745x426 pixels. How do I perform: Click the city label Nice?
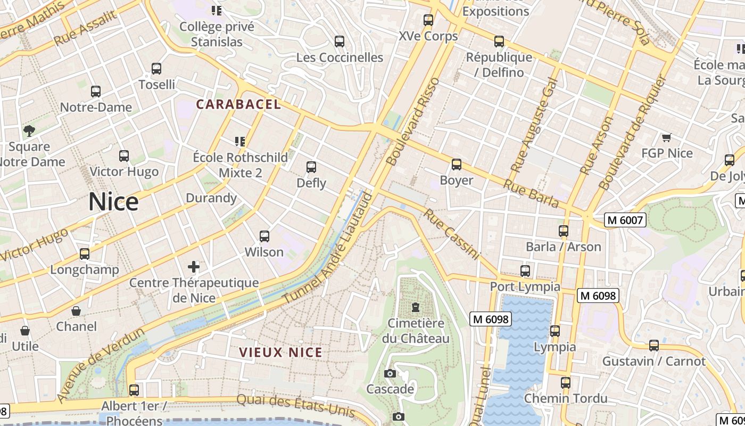click(113, 202)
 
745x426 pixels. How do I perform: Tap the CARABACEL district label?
click(238, 104)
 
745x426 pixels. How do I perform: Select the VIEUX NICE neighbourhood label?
click(280, 353)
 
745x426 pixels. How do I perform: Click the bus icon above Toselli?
click(156, 69)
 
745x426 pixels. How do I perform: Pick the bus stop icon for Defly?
click(311, 167)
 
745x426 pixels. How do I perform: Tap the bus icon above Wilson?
click(264, 236)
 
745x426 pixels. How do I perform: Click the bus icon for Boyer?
click(456, 165)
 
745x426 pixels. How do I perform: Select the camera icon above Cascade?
click(390, 373)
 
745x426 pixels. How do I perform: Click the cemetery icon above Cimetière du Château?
click(415, 307)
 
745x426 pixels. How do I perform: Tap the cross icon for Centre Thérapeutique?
click(194, 266)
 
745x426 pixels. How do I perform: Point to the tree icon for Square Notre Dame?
click(29, 130)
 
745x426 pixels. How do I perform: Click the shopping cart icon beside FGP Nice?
click(666, 137)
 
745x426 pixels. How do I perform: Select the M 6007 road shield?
click(625, 219)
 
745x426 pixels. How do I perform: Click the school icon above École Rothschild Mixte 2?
click(240, 141)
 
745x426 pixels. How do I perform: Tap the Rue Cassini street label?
click(452, 234)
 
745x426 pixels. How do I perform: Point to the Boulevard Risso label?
click(413, 121)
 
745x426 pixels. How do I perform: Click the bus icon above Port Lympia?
click(525, 271)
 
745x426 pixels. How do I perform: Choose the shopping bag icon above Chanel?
click(76, 310)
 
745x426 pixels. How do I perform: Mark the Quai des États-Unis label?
click(295, 406)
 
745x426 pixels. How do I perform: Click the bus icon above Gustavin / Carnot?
click(654, 346)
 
